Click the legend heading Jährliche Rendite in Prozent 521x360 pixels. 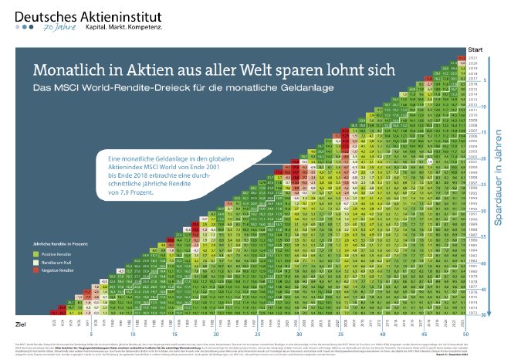(63, 244)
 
